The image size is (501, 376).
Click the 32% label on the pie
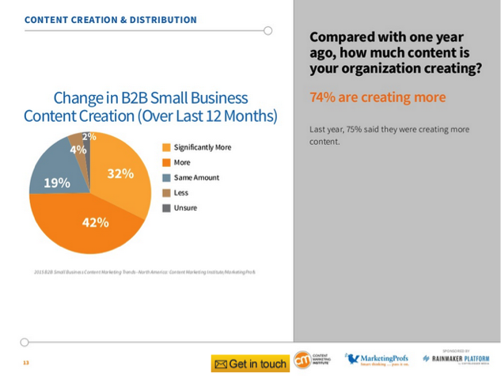point(120,173)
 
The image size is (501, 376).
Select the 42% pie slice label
point(95,222)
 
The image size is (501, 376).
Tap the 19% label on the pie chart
point(57,183)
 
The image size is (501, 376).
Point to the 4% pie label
point(78,149)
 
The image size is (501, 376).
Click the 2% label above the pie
point(89,137)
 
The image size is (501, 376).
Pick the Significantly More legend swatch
point(166,147)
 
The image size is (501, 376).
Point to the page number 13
point(25,363)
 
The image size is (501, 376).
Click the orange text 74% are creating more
point(378,97)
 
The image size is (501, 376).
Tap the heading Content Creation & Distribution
point(110,18)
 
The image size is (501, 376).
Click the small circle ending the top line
point(268,31)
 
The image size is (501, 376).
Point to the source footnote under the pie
point(139,272)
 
